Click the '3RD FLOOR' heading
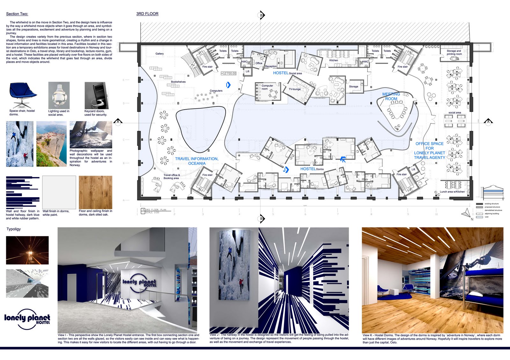pyautogui.click(x=147, y=14)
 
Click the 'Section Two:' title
pyautogui.click(x=17, y=14)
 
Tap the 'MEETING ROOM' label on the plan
pyautogui.click(x=391, y=97)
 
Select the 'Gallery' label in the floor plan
pyautogui.click(x=160, y=54)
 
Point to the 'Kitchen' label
pyautogui.click(x=333, y=60)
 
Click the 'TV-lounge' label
pyautogui.click(x=295, y=89)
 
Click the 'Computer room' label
pyautogui.click(x=267, y=87)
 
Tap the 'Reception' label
pyautogui.click(x=271, y=66)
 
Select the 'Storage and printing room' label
pyautogui.click(x=454, y=52)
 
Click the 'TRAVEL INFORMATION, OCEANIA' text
pyautogui.click(x=197, y=161)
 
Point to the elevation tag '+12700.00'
pyautogui.click(x=229, y=73)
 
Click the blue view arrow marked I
pyautogui.click(x=228, y=85)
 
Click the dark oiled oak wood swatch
pyautogui.click(x=95, y=192)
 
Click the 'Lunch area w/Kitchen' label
pyautogui.click(x=452, y=192)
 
